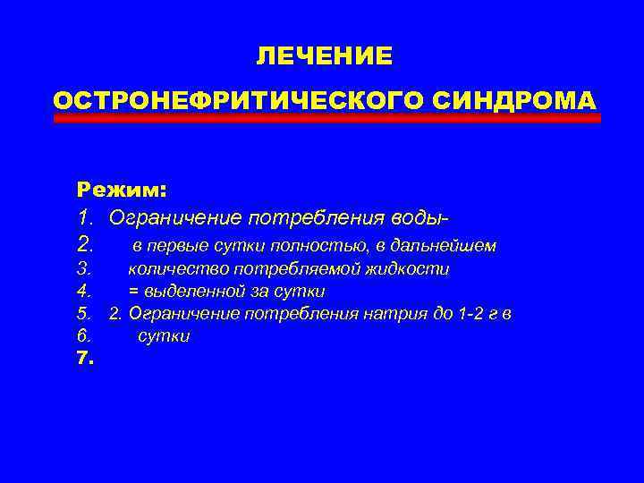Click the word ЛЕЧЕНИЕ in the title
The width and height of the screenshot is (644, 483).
pos(323,56)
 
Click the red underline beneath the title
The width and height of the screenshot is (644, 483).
pos(326,118)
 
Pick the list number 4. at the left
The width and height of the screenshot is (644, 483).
pos(85,292)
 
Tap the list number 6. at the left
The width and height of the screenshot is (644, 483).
pos(85,337)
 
